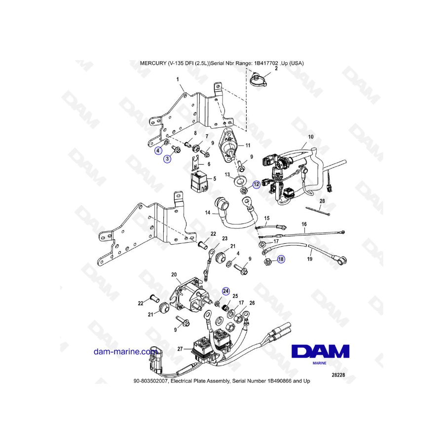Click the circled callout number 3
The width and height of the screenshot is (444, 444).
tap(167, 159)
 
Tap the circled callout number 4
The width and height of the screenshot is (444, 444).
tap(158, 150)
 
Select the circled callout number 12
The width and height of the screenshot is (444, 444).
tap(256, 185)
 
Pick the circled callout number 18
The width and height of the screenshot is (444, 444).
tap(281, 259)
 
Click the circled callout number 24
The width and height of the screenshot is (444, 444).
tap(225, 291)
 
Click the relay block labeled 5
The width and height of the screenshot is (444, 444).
tap(200, 182)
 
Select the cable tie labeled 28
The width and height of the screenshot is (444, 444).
tap(318, 211)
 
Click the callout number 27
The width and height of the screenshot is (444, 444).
tap(180, 349)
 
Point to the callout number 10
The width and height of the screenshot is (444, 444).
tap(311, 137)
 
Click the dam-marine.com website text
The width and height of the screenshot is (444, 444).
tap(125, 352)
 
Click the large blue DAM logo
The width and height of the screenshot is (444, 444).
tap(320, 351)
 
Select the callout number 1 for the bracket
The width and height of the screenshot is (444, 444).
tap(178, 79)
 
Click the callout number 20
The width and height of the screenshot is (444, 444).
tap(174, 274)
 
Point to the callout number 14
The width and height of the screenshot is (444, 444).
tap(208, 212)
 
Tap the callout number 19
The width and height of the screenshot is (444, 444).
tap(310, 259)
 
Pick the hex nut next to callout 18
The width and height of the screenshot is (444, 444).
tap(268, 262)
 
